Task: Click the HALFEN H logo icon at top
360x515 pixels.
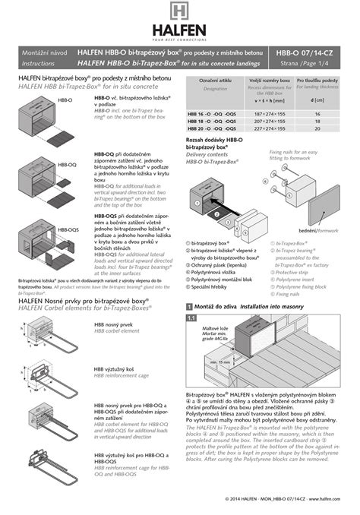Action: coord(180,14)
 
